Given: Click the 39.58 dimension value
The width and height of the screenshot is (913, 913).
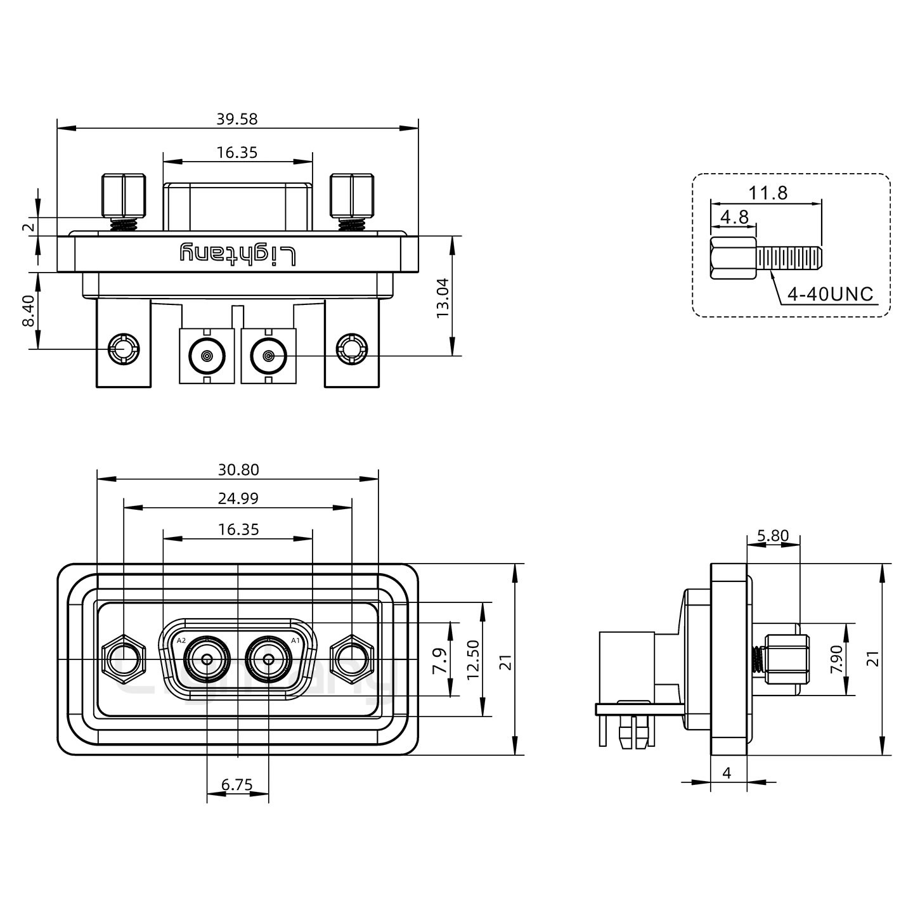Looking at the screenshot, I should [x=238, y=119].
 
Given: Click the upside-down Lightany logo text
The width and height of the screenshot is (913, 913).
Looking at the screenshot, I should [x=238, y=254].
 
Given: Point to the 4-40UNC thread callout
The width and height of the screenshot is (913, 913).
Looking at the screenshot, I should [x=830, y=294].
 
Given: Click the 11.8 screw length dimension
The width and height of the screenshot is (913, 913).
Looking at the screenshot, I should [x=768, y=192].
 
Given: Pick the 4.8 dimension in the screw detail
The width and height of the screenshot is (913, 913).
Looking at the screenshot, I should [x=735, y=217].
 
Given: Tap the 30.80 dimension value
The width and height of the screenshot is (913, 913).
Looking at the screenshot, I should [x=238, y=470].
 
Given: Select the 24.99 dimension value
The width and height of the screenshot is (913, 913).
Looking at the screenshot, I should [x=238, y=498].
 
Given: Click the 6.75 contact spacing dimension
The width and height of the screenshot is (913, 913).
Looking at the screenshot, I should [x=237, y=785].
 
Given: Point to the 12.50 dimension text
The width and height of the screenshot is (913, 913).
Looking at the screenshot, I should [x=472, y=659].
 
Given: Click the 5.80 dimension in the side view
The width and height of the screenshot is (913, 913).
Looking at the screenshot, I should [x=773, y=536].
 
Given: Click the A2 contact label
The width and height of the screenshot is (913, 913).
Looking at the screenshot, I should [x=181, y=640].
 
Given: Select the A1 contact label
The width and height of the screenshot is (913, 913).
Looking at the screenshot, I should [x=295, y=640].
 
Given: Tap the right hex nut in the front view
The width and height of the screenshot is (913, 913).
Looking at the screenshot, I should [x=352, y=660].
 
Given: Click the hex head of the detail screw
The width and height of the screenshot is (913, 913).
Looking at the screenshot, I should [x=733, y=258].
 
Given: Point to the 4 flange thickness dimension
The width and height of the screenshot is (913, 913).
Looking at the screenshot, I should [x=727, y=773].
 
